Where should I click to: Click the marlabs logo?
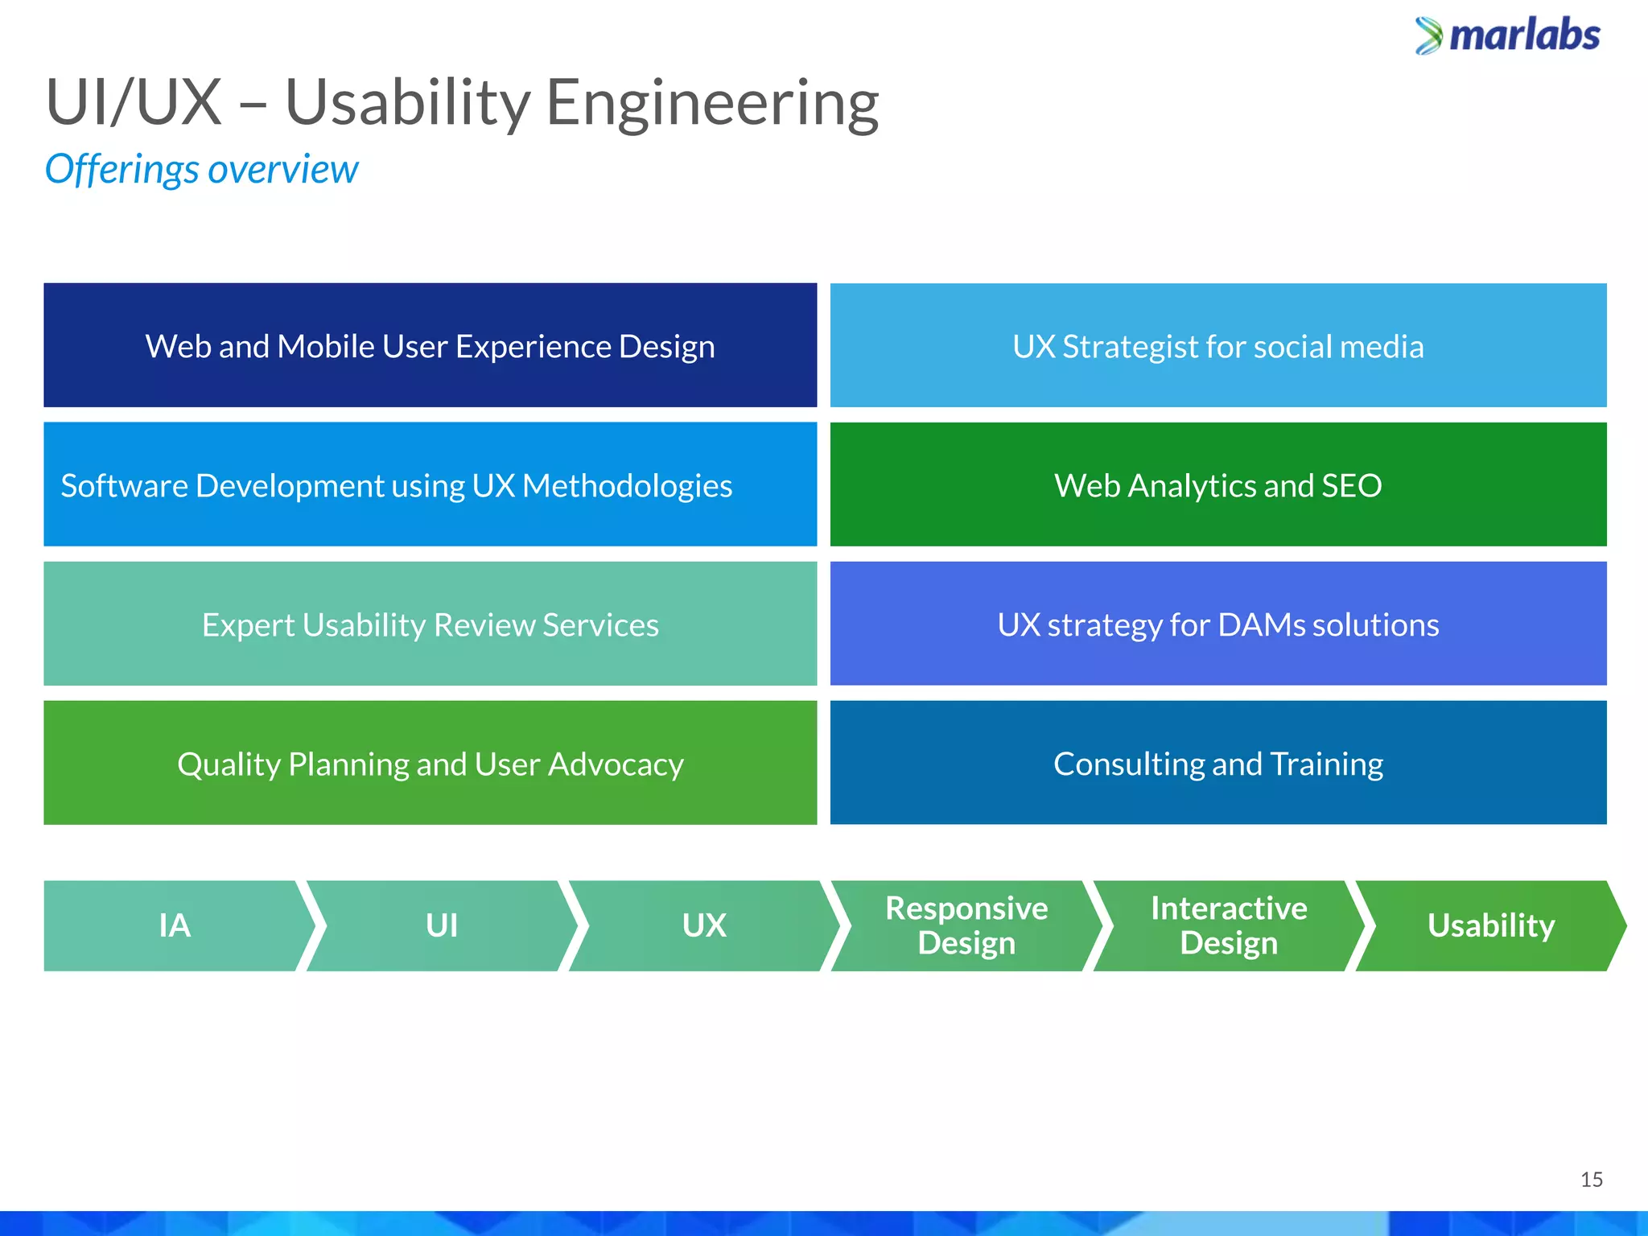[x=1508, y=36]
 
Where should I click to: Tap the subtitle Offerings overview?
[x=201, y=170]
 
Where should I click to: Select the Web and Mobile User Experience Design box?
[x=430, y=346]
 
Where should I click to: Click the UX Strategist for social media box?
[x=1217, y=346]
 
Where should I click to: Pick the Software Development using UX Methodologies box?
[x=430, y=485]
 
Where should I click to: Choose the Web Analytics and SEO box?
[x=1217, y=485]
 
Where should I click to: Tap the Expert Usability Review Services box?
[x=430, y=624]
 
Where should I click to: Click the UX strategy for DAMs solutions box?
[x=1217, y=624]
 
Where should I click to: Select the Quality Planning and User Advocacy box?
[x=430, y=764]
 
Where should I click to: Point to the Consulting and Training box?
[x=1217, y=764]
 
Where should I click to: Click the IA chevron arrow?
[x=175, y=925]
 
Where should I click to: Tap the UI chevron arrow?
[x=442, y=925]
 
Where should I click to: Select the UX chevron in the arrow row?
[x=704, y=925]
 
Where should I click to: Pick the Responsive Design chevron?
[x=966, y=925]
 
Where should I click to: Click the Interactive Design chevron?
[x=1229, y=925]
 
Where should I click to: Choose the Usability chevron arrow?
[x=1490, y=925]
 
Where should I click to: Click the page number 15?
[x=1591, y=1180]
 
